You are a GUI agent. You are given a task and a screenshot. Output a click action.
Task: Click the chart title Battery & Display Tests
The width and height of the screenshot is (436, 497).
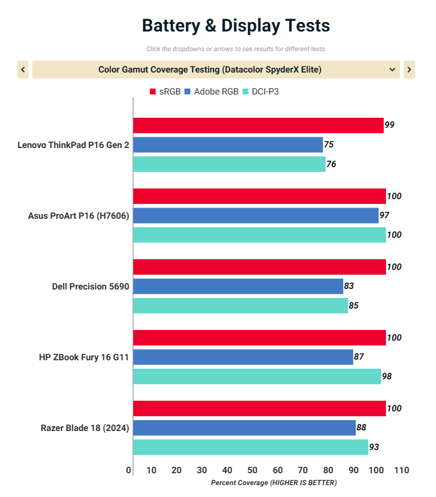click(236, 26)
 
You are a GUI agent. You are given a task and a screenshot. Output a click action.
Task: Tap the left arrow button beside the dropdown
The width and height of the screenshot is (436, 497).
click(23, 70)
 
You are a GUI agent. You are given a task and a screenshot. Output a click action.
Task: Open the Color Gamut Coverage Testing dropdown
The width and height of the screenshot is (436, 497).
click(216, 70)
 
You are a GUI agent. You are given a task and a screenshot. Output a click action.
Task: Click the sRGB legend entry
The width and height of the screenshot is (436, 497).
click(165, 92)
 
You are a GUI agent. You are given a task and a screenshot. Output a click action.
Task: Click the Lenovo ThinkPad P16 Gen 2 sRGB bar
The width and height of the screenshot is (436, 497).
click(258, 125)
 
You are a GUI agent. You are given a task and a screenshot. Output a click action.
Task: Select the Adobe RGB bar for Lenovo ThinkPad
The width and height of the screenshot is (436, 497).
click(228, 144)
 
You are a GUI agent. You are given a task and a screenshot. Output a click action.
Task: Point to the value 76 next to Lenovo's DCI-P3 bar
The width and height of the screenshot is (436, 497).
click(331, 164)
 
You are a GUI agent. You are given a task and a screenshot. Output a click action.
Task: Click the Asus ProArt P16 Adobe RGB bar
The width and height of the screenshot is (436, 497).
click(256, 215)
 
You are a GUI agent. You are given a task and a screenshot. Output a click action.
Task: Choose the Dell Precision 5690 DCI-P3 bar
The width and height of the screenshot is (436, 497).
click(240, 306)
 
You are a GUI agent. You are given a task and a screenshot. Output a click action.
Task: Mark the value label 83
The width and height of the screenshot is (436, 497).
click(349, 286)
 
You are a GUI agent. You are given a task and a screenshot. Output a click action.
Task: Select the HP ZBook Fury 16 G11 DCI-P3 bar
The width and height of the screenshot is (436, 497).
click(257, 376)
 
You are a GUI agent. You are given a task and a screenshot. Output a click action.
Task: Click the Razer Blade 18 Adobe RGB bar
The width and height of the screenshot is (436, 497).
click(244, 427)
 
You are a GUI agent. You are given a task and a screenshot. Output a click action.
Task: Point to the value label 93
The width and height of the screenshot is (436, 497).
click(374, 447)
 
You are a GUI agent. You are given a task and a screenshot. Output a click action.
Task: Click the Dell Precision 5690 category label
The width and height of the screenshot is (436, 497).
click(90, 286)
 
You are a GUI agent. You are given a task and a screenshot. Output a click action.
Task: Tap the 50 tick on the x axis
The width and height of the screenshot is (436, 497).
click(252, 470)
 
